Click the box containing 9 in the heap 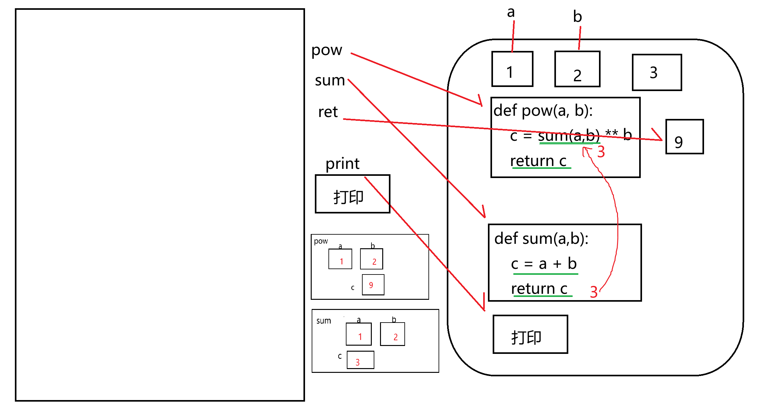click(684, 137)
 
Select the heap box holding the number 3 click(657, 72)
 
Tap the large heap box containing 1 click(512, 69)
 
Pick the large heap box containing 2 click(577, 69)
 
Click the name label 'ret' click(328, 112)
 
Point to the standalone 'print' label click(342, 164)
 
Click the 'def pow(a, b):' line click(543, 111)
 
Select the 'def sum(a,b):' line click(541, 238)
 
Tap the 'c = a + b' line click(544, 264)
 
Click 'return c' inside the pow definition click(538, 161)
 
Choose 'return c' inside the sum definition click(539, 289)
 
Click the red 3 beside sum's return click(594, 292)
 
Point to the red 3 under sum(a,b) click(601, 152)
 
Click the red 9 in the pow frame click(371, 285)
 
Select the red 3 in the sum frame click(358, 362)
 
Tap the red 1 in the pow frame click(341, 262)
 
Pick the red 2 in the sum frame click(396, 337)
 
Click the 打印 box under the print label click(352, 194)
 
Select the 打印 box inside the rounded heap click(530, 334)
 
